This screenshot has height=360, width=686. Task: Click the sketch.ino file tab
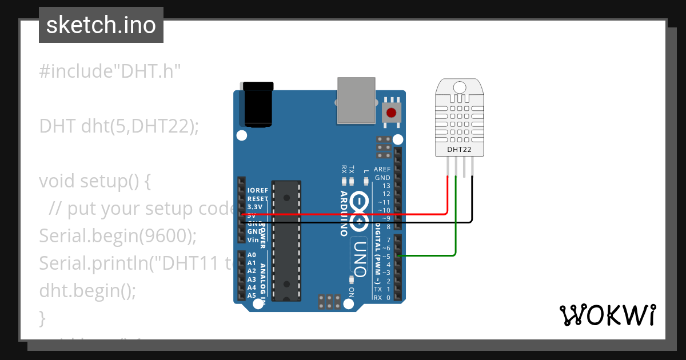(101, 25)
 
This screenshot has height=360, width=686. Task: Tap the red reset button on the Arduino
(391, 113)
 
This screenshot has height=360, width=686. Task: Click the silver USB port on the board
(356, 101)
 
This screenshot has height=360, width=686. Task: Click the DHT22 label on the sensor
(460, 150)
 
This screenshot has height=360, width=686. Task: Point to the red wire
(343, 214)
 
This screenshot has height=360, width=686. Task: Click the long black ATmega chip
(286, 240)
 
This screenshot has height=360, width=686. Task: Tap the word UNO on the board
(359, 257)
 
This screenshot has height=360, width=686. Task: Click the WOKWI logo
(607, 315)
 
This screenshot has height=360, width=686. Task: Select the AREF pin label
(382, 169)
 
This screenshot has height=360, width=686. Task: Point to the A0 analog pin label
(252, 255)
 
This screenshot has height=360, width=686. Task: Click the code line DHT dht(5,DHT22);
(119, 126)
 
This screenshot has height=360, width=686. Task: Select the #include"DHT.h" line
(110, 71)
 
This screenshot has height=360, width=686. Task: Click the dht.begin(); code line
(87, 291)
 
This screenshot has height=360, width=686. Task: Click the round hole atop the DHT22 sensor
(460, 87)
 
